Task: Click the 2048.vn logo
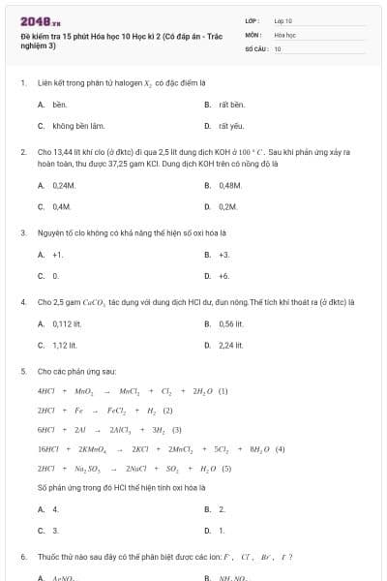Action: tap(41, 20)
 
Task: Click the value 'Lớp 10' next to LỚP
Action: tap(283, 20)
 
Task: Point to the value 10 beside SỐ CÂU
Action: tap(278, 47)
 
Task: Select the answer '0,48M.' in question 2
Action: tap(230, 185)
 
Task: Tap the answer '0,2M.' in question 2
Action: tap(228, 206)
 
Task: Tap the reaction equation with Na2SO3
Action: tap(134, 468)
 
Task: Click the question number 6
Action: tap(23, 557)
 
